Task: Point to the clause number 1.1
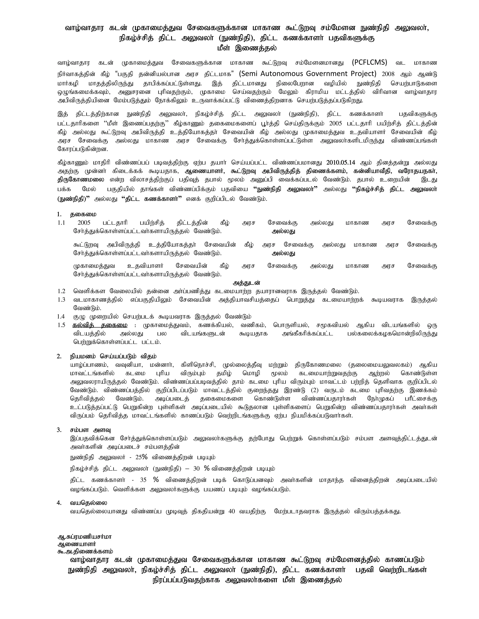coord(61,223)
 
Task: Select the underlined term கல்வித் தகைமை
coord(100,325)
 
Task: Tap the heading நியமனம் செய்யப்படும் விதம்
coord(113,356)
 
